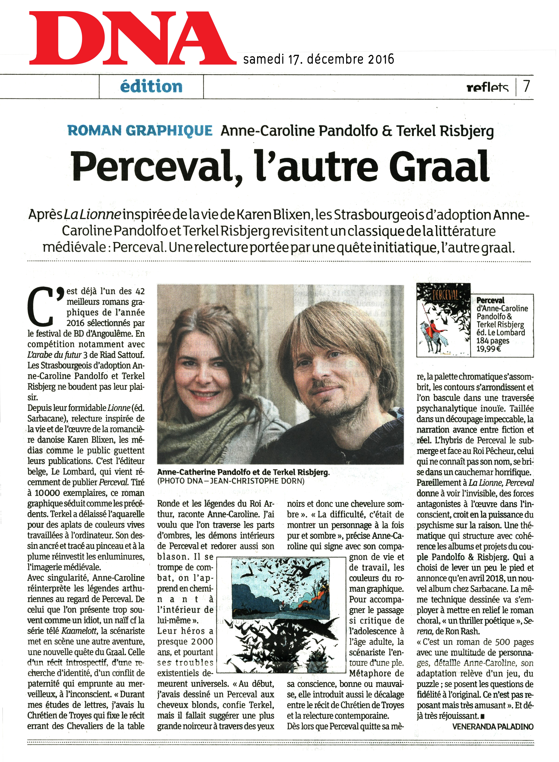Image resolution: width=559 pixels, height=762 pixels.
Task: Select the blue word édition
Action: [x=151, y=87]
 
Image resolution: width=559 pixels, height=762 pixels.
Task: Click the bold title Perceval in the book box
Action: [x=490, y=300]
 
